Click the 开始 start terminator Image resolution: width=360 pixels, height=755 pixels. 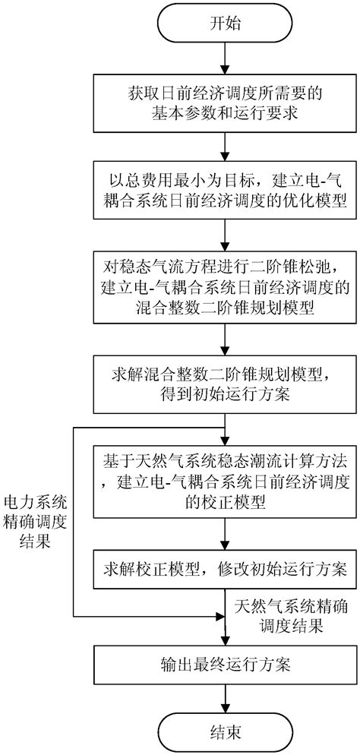coord(223,24)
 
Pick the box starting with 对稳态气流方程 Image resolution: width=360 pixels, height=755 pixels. coord(223,283)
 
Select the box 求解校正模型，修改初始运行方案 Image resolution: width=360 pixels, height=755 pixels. coord(223,569)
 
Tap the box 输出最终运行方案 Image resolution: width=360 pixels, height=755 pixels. coord(223,663)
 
